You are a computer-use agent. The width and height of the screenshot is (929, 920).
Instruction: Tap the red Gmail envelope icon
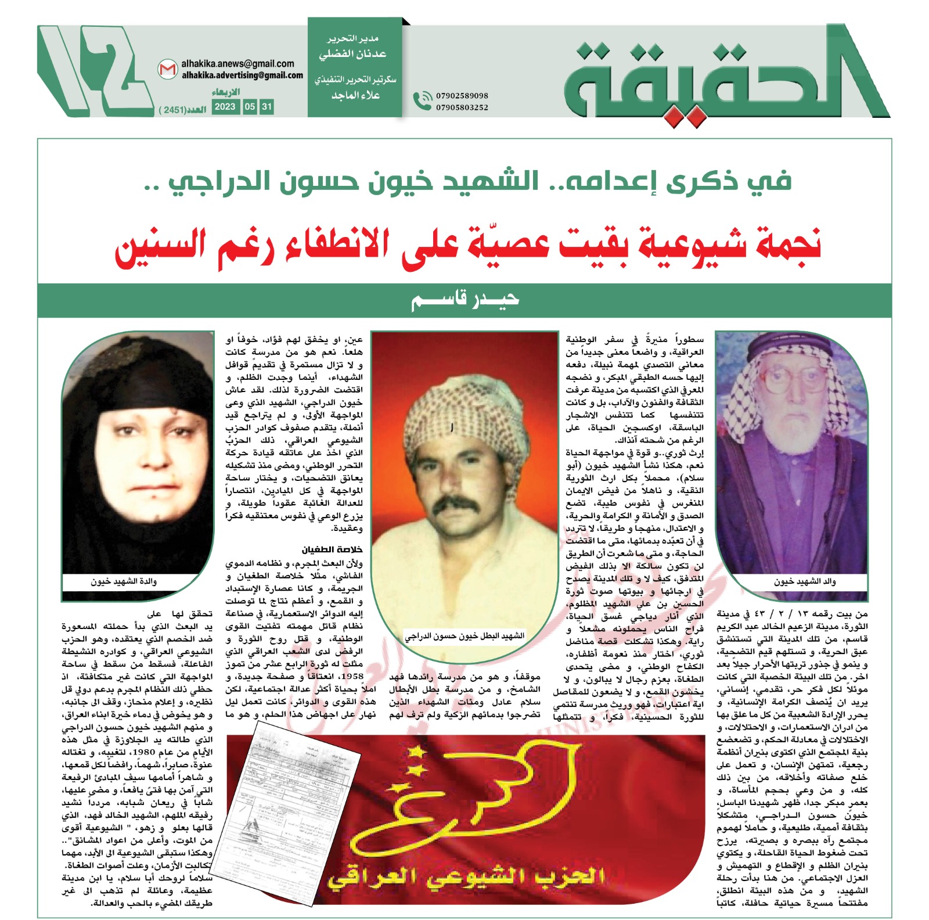click(167, 70)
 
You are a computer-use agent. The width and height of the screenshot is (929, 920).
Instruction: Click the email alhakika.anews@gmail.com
click(237, 64)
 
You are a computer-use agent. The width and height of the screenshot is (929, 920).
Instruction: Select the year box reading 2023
click(225, 107)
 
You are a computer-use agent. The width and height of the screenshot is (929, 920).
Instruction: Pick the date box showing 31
click(267, 107)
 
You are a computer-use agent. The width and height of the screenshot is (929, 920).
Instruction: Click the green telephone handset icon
click(422, 101)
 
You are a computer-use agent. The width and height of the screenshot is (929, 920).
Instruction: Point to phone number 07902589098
click(462, 96)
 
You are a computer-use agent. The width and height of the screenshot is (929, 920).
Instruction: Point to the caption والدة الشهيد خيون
click(123, 581)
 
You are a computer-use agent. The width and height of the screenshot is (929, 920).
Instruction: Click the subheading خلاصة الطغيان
click(332, 549)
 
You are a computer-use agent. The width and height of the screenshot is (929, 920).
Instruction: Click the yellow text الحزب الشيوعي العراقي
click(465, 877)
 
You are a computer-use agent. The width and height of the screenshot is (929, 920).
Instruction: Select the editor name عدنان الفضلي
click(352, 55)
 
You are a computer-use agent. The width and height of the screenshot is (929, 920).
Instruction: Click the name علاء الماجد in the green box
click(355, 95)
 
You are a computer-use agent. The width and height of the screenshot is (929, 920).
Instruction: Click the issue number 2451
click(174, 110)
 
